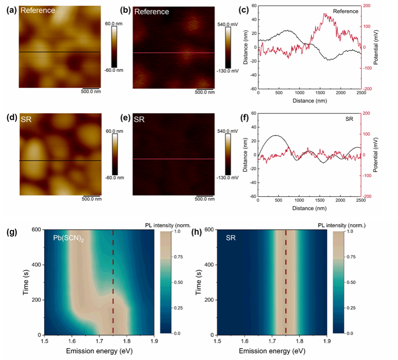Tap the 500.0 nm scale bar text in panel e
(204, 198)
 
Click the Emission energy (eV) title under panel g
(99, 351)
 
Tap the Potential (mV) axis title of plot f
(376, 155)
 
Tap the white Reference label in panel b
(152, 12)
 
